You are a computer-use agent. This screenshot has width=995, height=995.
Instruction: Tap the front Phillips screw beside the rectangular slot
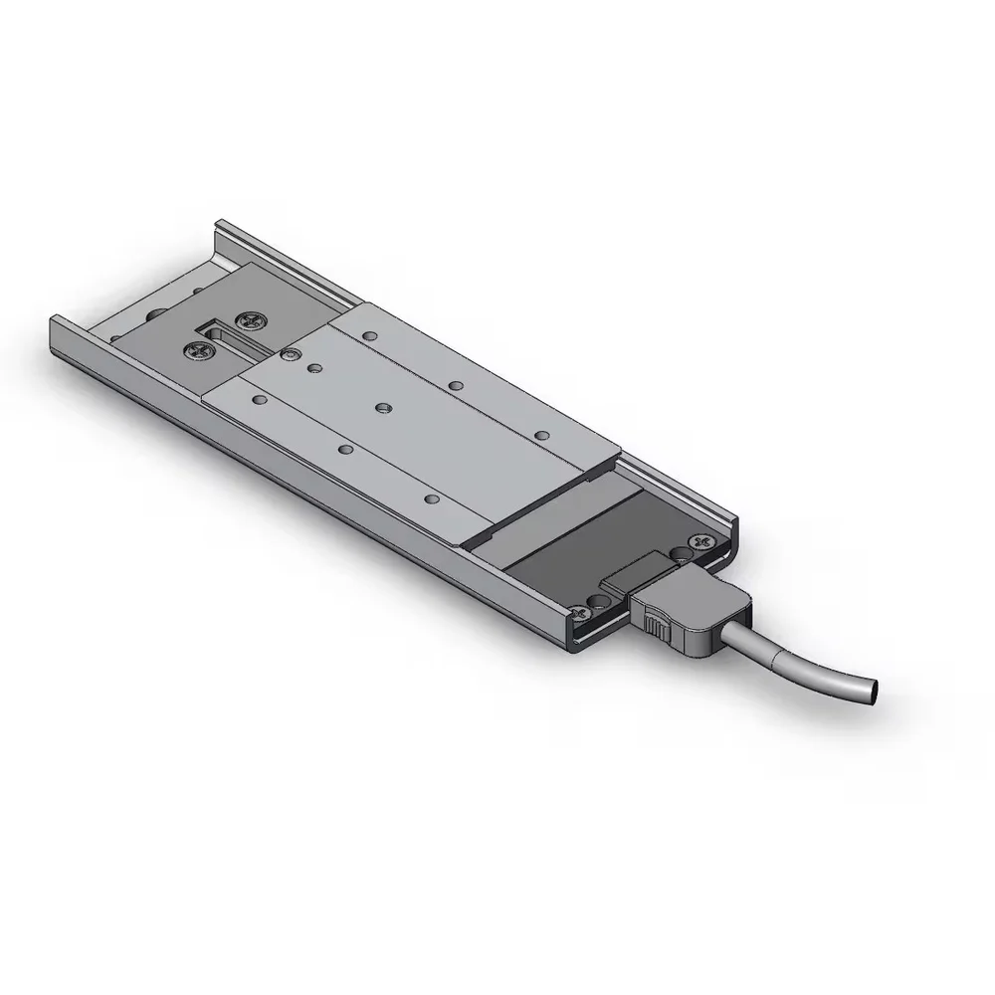pos(195,350)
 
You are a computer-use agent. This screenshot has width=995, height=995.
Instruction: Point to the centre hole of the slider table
pos(383,407)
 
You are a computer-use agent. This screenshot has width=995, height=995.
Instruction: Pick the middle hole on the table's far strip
pos(455,384)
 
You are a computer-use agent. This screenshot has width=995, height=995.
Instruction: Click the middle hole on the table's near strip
pos(345,449)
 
